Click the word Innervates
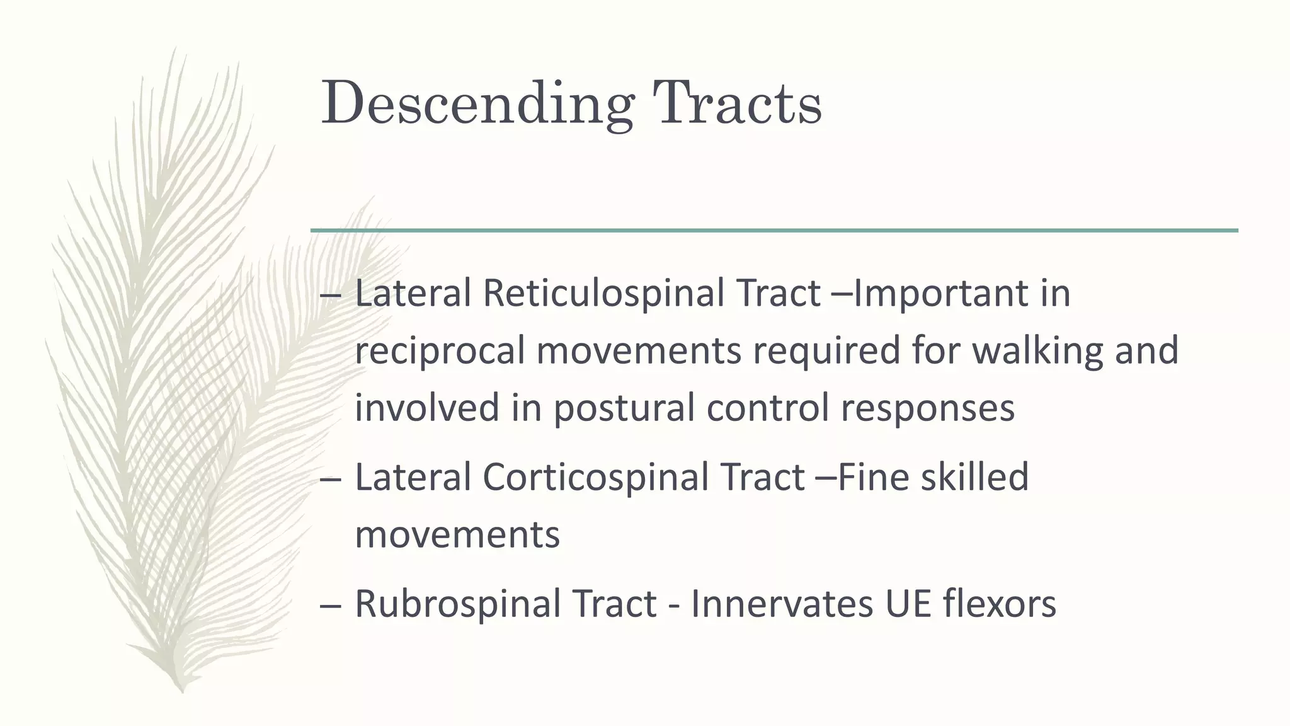click(782, 604)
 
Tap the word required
click(826, 351)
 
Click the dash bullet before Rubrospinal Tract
click(331, 606)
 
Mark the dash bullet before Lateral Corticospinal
click(331, 479)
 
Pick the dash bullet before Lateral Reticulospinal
click(331, 296)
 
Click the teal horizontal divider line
click(774, 231)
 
